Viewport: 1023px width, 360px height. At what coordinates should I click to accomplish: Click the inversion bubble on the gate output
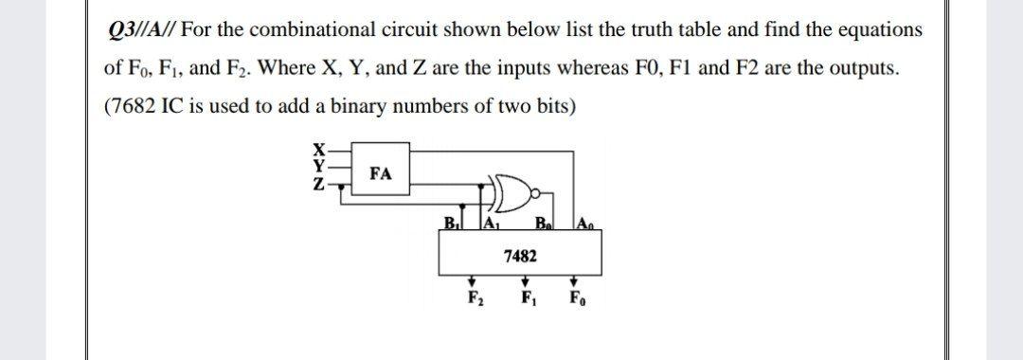[537, 193]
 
